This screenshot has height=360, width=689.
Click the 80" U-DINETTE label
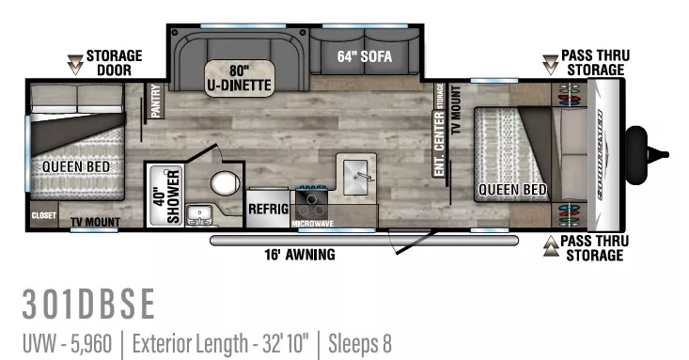239,78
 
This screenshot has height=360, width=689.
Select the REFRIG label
268,209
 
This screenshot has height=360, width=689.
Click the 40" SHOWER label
165,195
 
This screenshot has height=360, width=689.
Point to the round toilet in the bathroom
225,182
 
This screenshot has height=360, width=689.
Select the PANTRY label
156,102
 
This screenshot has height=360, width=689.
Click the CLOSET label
43,215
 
